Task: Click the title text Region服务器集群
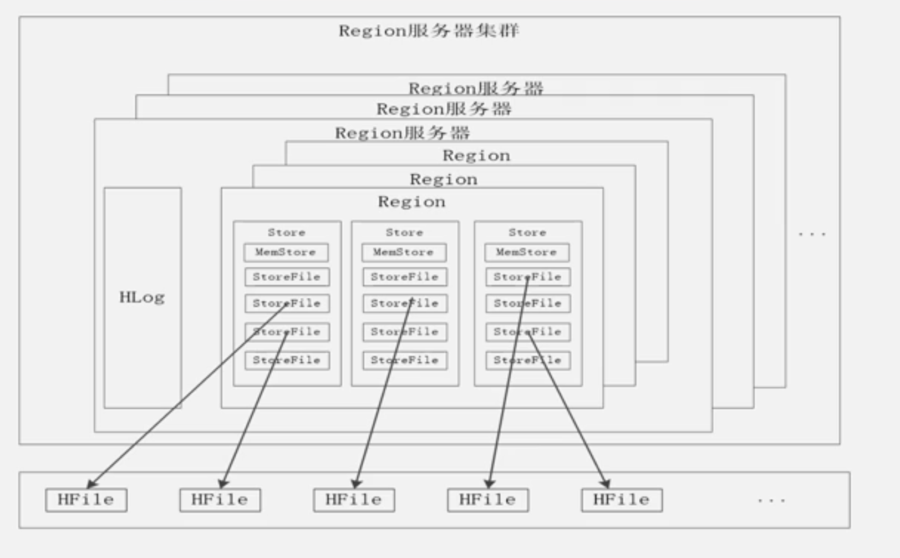(x=429, y=31)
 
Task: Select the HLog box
(x=143, y=298)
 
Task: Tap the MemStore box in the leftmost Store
(x=286, y=252)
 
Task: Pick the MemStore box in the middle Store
(x=404, y=252)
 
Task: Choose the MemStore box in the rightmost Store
(x=526, y=252)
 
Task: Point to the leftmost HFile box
(x=86, y=500)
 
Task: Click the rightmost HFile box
(x=622, y=500)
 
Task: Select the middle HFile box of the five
(x=354, y=500)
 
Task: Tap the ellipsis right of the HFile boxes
(x=771, y=501)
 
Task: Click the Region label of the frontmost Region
(x=411, y=202)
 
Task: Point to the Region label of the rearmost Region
(x=476, y=156)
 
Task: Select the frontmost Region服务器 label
(x=403, y=133)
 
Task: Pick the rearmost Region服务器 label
(x=476, y=88)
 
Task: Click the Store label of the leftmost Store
(x=287, y=232)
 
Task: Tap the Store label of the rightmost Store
(x=527, y=232)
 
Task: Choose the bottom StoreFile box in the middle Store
(x=405, y=361)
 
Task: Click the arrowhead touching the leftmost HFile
(x=92, y=484)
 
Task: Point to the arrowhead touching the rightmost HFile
(x=606, y=484)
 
